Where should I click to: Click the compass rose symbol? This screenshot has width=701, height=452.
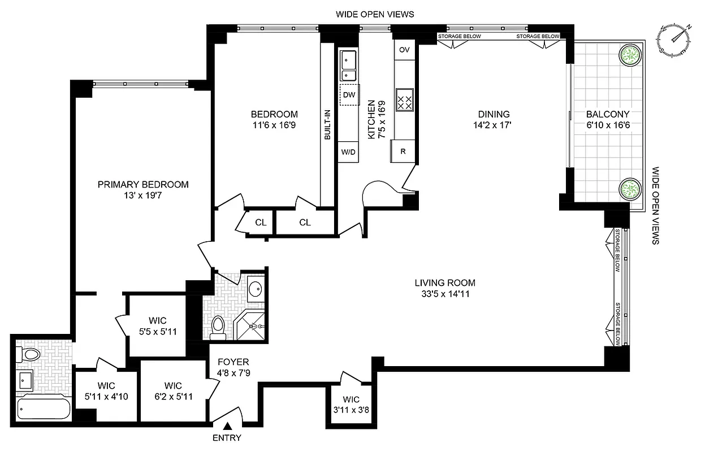point(674,40)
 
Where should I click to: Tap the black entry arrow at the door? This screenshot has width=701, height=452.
point(227,427)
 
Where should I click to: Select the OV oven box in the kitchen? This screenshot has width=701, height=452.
point(404,50)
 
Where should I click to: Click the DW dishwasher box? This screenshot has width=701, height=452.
point(348,95)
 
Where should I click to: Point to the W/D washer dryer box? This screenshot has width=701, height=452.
point(348,152)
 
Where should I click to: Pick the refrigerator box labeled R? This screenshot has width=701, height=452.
point(403,151)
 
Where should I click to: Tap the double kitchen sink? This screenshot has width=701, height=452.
point(348,66)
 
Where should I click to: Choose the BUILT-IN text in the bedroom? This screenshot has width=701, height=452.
point(327,124)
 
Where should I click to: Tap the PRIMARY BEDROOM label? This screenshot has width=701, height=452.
point(143,184)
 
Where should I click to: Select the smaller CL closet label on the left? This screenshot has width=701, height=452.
point(260,223)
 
